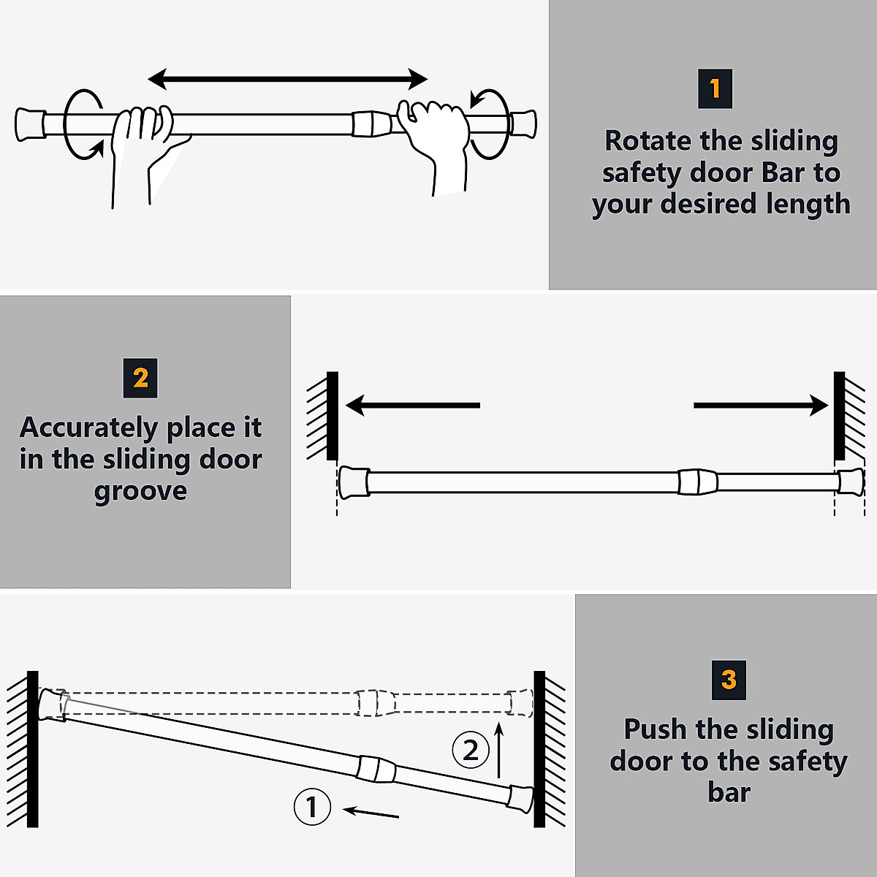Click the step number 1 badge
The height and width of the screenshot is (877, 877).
pyautogui.click(x=715, y=89)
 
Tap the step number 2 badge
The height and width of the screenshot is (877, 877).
pyautogui.click(x=140, y=378)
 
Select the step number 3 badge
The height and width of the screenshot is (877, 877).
pyautogui.click(x=729, y=680)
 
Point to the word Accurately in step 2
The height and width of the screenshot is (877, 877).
pyautogui.click(x=88, y=428)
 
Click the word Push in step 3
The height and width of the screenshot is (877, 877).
pyautogui.click(x=655, y=729)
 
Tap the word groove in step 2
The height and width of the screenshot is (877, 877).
pyautogui.click(x=140, y=491)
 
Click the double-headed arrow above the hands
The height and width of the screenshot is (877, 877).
pyautogui.click(x=287, y=79)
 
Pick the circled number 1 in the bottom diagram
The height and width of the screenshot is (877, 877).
pyautogui.click(x=312, y=807)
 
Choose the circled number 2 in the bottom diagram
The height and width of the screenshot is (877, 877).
pyautogui.click(x=470, y=750)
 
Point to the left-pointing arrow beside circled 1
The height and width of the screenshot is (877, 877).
pyautogui.click(x=371, y=812)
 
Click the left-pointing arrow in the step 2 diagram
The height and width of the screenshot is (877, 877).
pyautogui.click(x=412, y=405)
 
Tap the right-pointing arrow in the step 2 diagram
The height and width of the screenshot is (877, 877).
pyautogui.click(x=761, y=405)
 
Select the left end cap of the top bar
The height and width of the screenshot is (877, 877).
pyautogui.click(x=29, y=125)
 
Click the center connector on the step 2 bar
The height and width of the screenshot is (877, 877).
pyautogui.click(x=698, y=482)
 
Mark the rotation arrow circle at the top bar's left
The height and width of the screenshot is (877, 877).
pyautogui.click(x=82, y=124)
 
